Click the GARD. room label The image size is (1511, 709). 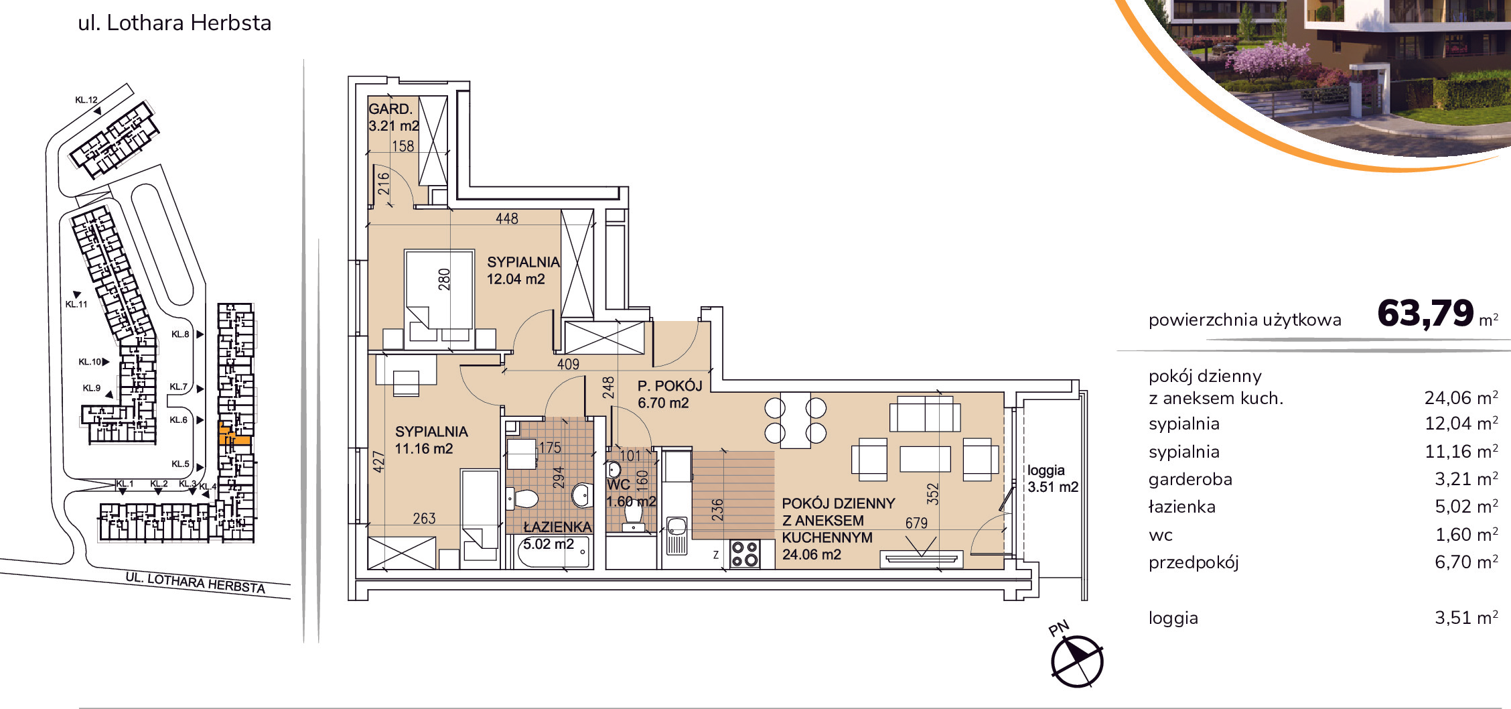pyautogui.click(x=390, y=109)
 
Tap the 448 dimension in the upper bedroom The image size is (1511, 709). pyautogui.click(x=507, y=218)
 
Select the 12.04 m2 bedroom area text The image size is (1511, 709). pyautogui.click(x=516, y=279)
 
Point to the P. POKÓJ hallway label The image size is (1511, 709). pyautogui.click(x=670, y=386)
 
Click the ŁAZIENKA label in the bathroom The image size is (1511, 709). pyautogui.click(x=557, y=527)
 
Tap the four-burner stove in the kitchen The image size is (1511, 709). pyautogui.click(x=745, y=554)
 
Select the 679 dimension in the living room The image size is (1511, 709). pyautogui.click(x=916, y=523)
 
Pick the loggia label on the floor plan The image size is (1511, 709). pyautogui.click(x=1046, y=470)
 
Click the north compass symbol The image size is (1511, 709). pyautogui.click(x=1077, y=661)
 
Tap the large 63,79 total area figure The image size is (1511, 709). pyautogui.click(x=1425, y=313)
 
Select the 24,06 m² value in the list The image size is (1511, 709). pyautogui.click(x=1461, y=397)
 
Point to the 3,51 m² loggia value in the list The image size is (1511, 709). pyautogui.click(x=1466, y=617)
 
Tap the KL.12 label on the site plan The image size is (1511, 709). pyautogui.click(x=86, y=100)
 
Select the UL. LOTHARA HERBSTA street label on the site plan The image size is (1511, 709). pyautogui.click(x=196, y=583)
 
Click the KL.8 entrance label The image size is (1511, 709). pyautogui.click(x=180, y=334)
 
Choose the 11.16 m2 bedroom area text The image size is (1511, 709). pyautogui.click(x=424, y=449)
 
